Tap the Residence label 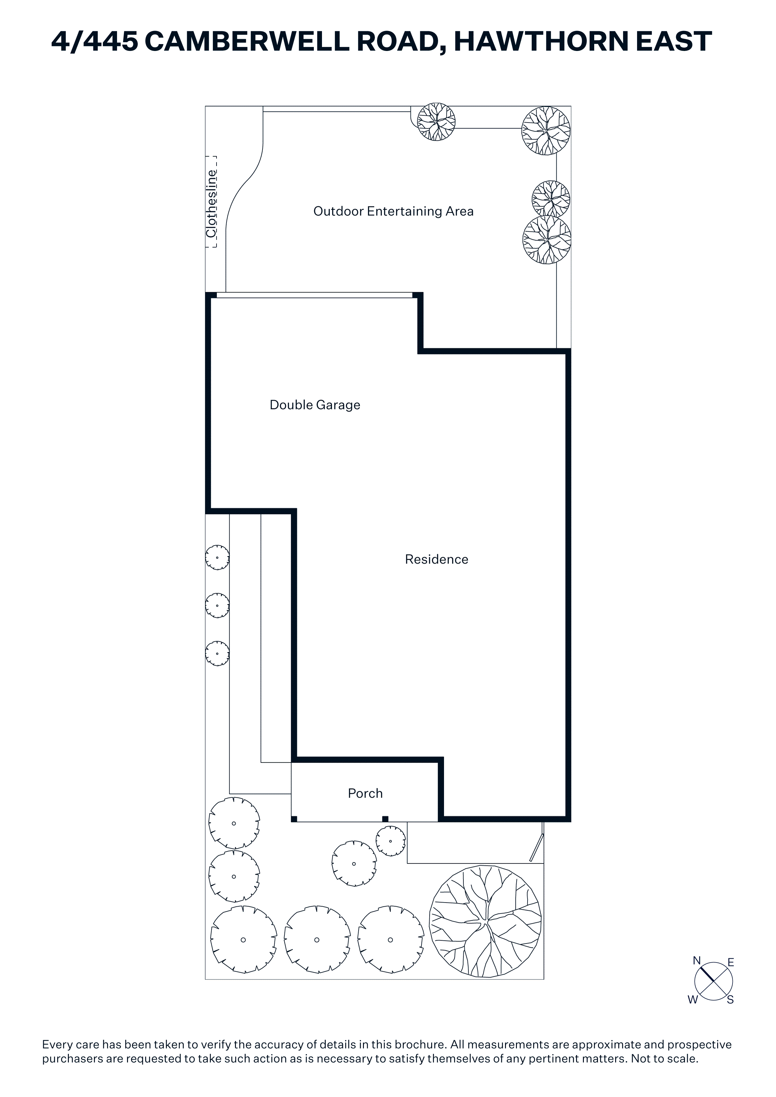pyautogui.click(x=437, y=559)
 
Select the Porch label pyautogui.click(x=365, y=794)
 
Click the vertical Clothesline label pyautogui.click(x=211, y=204)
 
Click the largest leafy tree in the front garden pyautogui.click(x=486, y=921)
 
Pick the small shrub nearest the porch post pyautogui.click(x=391, y=842)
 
